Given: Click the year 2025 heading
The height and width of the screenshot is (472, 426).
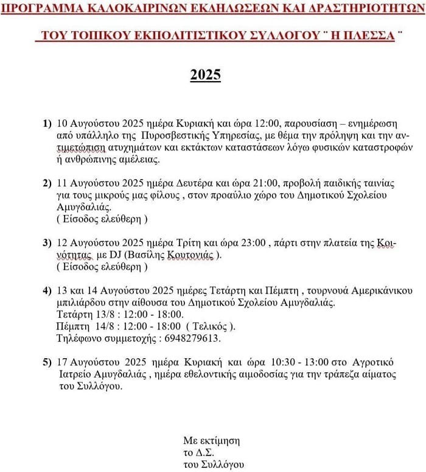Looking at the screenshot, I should (x=205, y=75).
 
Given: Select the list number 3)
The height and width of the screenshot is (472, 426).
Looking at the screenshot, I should (x=47, y=242).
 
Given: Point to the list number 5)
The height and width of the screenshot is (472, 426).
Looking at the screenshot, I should (x=47, y=362).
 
